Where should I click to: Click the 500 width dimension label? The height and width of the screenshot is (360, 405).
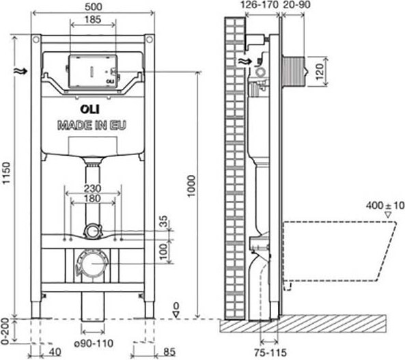(94, 7)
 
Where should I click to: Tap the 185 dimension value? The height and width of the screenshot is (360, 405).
(93, 19)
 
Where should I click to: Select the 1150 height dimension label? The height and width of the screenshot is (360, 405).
(6, 173)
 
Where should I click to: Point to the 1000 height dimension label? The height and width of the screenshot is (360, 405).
(191, 186)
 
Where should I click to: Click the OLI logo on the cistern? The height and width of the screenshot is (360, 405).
(90, 109)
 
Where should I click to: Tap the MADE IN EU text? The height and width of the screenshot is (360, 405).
(92, 125)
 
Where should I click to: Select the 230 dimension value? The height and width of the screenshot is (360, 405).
(92, 188)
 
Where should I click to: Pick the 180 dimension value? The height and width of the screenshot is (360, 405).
(92, 199)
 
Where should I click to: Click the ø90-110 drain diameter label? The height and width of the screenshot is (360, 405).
(94, 343)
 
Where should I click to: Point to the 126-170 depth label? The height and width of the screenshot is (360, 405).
(260, 5)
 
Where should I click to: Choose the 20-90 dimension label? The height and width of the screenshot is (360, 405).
(296, 5)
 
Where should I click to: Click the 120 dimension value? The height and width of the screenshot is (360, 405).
(320, 72)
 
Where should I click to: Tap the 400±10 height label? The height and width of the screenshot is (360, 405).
(385, 206)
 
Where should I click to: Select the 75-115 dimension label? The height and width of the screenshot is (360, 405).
(270, 352)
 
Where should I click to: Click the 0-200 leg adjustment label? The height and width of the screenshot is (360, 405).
(5, 331)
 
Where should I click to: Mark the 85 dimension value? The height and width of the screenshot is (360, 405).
(169, 352)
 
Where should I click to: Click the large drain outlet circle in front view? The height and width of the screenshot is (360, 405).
(93, 264)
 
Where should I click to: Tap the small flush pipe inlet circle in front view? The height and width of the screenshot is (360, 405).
(92, 232)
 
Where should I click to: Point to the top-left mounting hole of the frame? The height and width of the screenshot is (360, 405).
(36, 40)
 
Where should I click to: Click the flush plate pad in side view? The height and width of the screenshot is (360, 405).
(294, 72)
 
